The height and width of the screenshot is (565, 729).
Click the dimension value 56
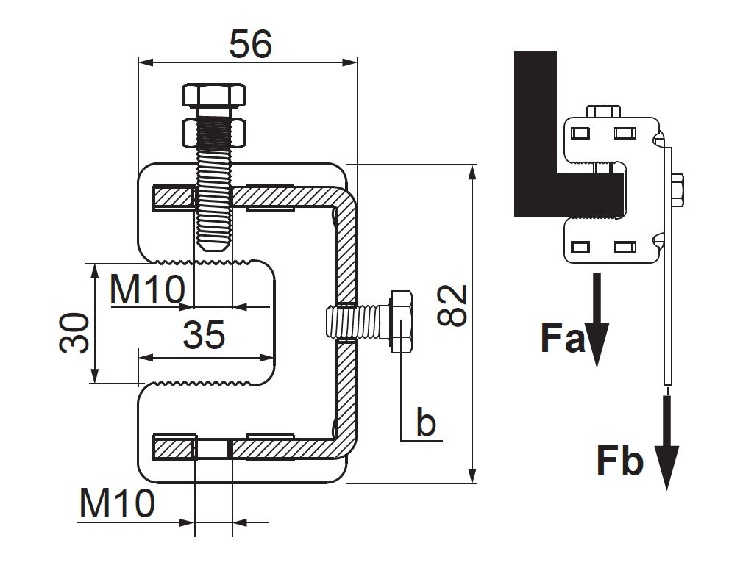pos(250,44)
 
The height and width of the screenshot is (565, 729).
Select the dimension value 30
pos(74,332)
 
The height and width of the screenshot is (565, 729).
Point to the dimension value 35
pos(203,335)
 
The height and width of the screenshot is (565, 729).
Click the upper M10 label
pos(146,290)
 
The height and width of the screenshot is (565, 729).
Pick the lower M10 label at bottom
pos(117,504)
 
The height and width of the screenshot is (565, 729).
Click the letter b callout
pos(426,423)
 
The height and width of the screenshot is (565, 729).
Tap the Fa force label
pos(562,339)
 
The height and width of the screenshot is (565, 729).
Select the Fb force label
pos(619,461)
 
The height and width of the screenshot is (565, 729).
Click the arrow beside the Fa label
pos(597,320)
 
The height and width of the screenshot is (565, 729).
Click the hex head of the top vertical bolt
pos(213,96)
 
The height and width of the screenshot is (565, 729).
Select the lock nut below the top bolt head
pos(213,132)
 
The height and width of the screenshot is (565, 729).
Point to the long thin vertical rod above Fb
pos(667,294)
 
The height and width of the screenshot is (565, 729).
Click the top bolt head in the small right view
pos(604,111)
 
